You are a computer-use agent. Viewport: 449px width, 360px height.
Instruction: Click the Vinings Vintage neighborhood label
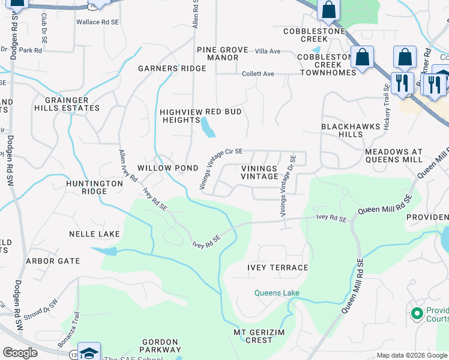pos(259,172)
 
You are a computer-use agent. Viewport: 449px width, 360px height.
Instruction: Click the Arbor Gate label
pos(52,261)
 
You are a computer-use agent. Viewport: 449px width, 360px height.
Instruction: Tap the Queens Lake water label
pos(276,293)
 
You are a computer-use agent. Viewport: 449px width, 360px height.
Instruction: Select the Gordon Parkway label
pos(161,345)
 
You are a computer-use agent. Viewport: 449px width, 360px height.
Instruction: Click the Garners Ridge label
pos(172,68)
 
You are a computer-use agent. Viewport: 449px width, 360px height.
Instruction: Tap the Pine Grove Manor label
pos(222,53)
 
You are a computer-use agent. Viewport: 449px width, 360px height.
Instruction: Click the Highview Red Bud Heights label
pos(200,116)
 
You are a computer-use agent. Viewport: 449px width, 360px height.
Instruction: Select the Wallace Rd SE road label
pos(97,22)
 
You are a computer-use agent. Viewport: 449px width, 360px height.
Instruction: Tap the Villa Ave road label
pos(268,52)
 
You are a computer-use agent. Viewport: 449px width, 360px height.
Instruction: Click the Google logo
pos(20,353)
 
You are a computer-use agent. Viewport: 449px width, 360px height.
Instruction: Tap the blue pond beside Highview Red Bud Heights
pos(208,127)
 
